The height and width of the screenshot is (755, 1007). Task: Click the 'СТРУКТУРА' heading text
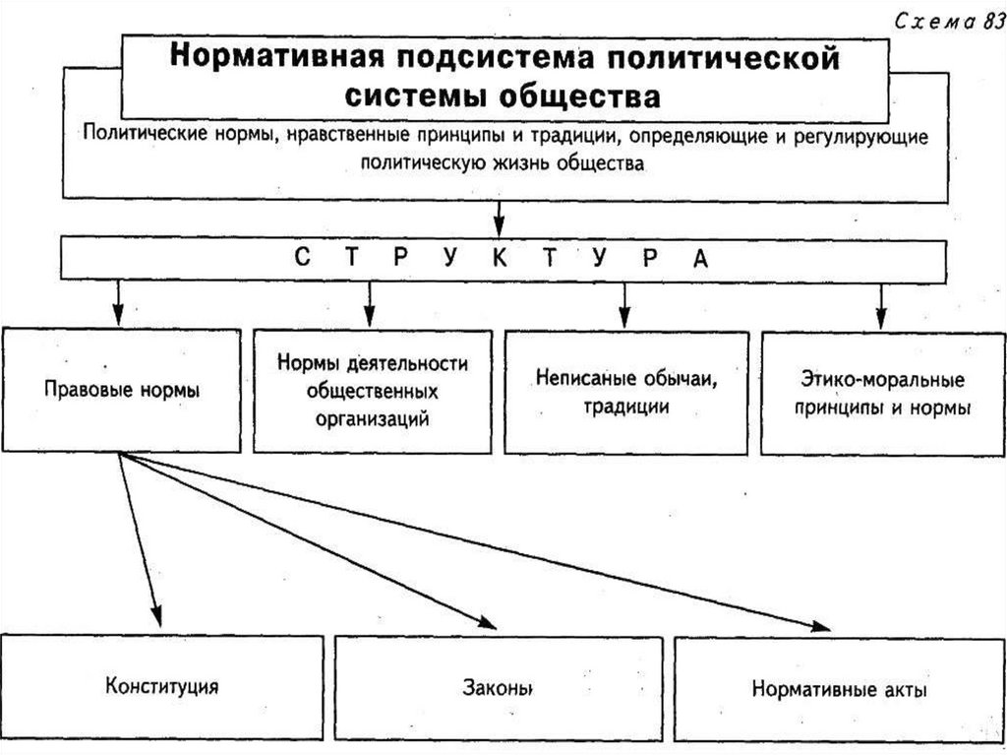click(501, 258)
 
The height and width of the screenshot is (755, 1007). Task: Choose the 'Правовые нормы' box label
click(122, 390)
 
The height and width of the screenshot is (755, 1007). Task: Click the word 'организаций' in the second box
click(373, 418)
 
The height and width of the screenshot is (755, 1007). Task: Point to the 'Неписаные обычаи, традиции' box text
click(624, 391)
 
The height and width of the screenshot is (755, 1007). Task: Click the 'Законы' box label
click(498, 687)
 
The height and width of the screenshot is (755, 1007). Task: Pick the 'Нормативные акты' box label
click(839, 688)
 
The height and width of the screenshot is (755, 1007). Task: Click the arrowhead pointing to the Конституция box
click(156, 617)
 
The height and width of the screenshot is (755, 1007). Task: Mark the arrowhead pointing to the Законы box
click(487, 621)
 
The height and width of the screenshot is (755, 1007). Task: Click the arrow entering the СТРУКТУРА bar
click(500, 219)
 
